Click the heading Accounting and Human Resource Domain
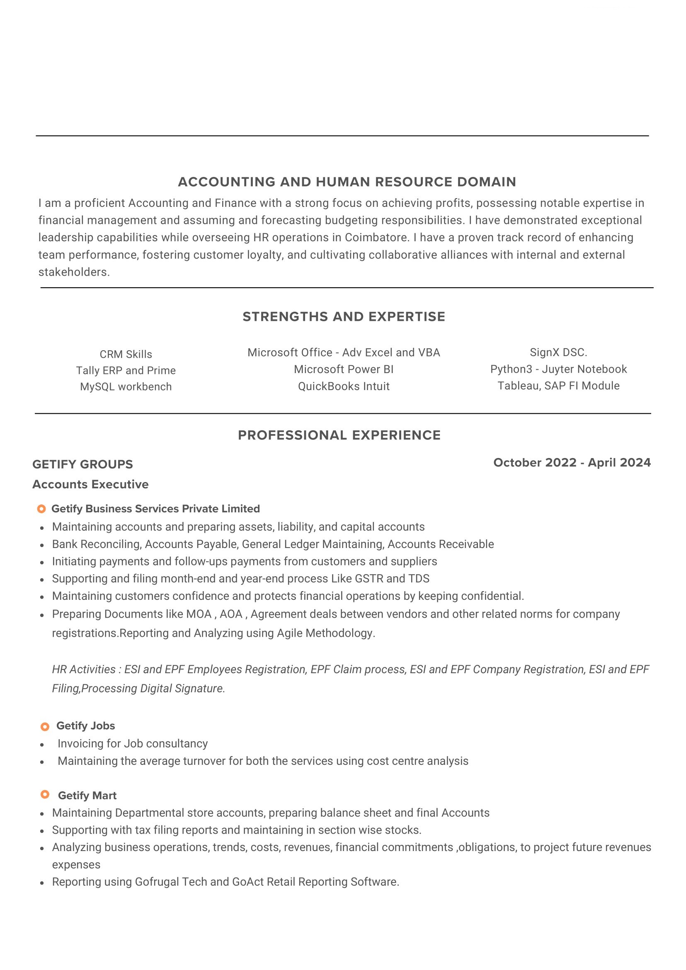coord(347,182)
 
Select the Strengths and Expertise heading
coord(344,316)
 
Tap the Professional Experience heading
coord(339,435)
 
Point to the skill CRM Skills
coord(126,354)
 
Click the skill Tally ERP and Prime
coord(126,371)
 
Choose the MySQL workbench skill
coord(126,387)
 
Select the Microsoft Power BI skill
coord(344,369)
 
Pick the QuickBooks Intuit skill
coord(344,386)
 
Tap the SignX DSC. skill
coord(558,352)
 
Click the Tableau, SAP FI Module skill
coord(558,386)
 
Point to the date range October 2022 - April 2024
coord(572,463)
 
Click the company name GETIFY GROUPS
coord(83,464)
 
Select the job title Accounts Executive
coord(90,484)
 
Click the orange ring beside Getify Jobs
coord(45,727)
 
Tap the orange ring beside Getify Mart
coord(45,794)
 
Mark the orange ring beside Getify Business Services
coord(41,509)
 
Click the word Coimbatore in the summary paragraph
coord(376,238)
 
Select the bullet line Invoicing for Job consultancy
coord(133,744)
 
